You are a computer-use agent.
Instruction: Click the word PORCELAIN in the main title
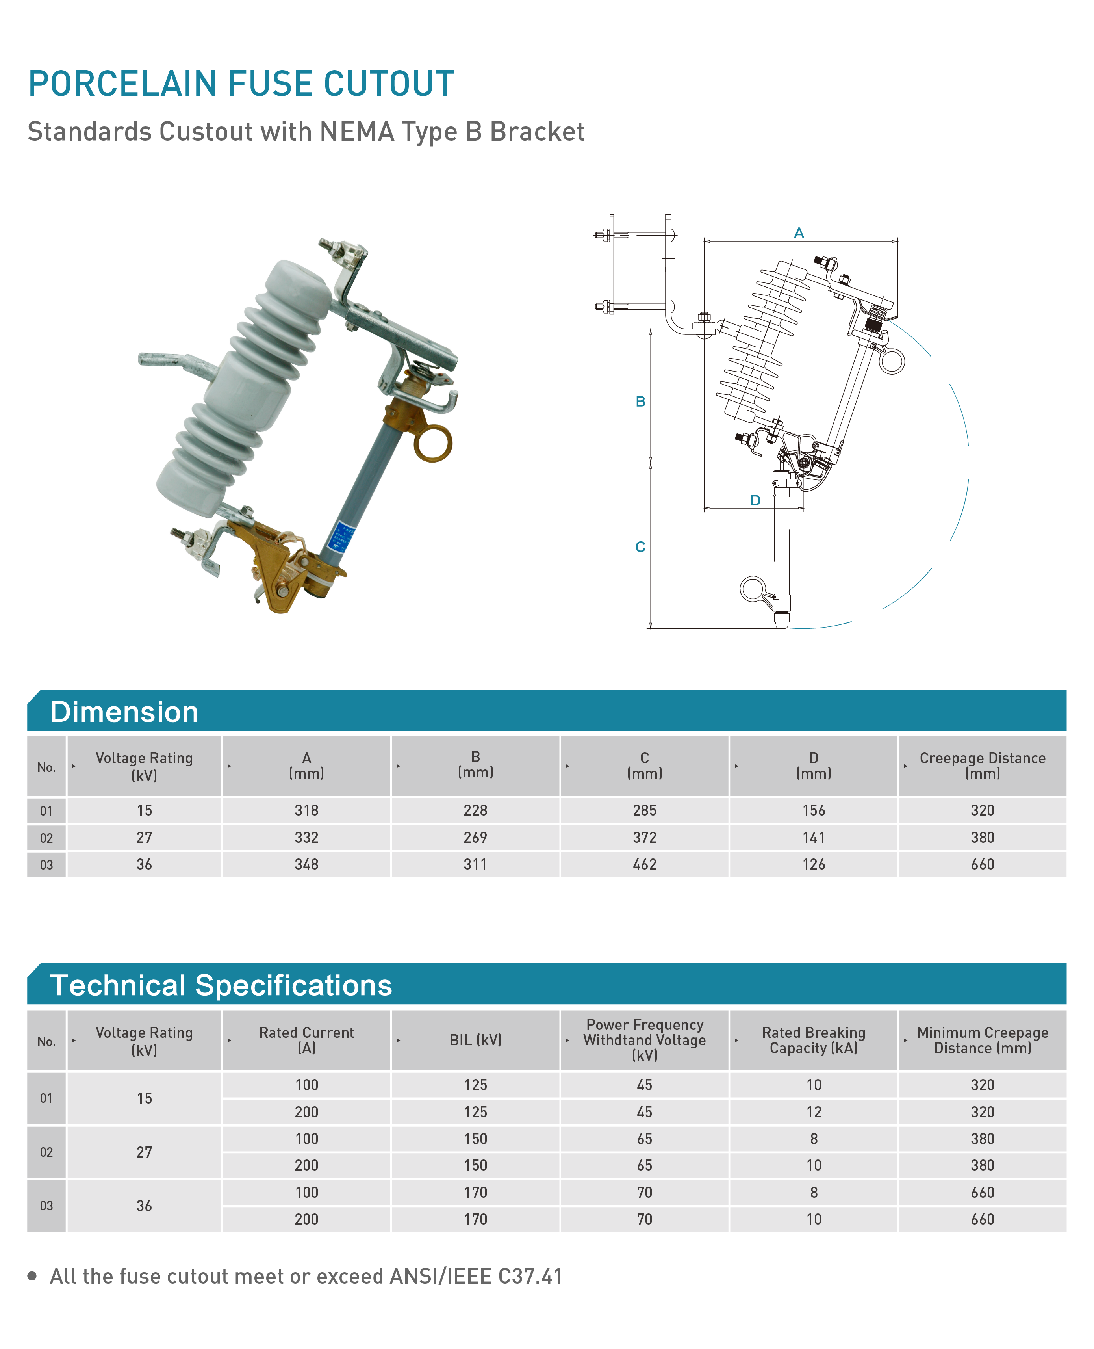point(122,84)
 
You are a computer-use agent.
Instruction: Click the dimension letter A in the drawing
point(799,233)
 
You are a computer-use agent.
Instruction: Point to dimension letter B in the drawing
point(640,401)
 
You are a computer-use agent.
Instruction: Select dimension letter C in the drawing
point(640,546)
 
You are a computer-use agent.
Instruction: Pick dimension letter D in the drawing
point(755,500)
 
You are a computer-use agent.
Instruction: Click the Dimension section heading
point(124,712)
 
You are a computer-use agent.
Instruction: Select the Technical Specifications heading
point(221,985)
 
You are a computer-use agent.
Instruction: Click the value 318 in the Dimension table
point(306,811)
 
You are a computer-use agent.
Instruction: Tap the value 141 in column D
point(814,838)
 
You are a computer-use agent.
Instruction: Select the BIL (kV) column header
point(476,1040)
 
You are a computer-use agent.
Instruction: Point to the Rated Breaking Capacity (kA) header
point(814,1040)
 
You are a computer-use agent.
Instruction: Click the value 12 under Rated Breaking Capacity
point(814,1112)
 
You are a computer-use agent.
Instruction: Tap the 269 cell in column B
point(476,838)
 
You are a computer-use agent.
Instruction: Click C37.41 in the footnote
point(530,1277)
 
